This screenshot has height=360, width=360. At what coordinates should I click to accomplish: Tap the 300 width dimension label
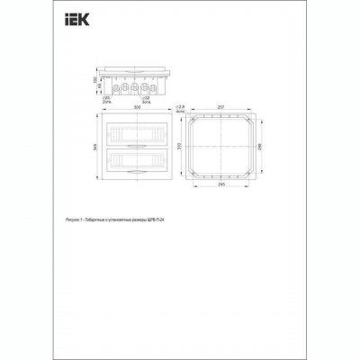pyautogui.click(x=137, y=106)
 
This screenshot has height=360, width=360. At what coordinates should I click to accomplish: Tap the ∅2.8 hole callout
pyautogui.click(x=181, y=107)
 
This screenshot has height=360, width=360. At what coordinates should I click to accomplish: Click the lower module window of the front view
pyautogui.click(x=137, y=159)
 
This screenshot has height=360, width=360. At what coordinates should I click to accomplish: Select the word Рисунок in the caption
pyautogui.click(x=75, y=218)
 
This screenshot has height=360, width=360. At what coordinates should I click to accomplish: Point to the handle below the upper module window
pyautogui.click(x=137, y=143)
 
